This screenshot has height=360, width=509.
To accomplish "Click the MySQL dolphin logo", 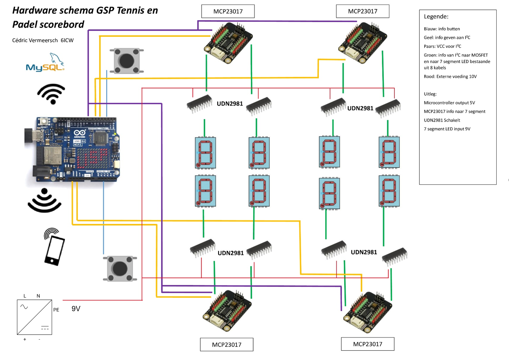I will click(45, 62).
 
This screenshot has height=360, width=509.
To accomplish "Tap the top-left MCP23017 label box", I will click(228, 11).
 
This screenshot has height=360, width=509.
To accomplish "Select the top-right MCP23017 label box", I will click(362, 11).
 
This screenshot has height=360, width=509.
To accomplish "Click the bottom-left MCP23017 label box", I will click(227, 345).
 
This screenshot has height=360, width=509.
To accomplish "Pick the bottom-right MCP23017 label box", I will click(368, 344).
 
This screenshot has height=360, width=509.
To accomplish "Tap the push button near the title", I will click(126, 60).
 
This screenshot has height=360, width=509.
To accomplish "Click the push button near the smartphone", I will click(120, 268).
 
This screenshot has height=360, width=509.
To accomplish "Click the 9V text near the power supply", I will click(76, 309).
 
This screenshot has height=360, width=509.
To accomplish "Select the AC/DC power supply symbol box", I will click(35, 317).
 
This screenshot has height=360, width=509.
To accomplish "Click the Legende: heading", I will click(436, 17).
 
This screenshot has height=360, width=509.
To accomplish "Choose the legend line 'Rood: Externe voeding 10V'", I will click(450, 77).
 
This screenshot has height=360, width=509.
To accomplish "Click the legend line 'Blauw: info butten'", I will click(441, 29).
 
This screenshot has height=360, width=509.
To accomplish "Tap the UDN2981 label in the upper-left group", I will click(230, 104).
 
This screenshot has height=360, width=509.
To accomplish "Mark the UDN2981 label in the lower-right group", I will click(363, 252).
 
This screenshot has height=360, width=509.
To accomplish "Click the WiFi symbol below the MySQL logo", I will click(51, 94).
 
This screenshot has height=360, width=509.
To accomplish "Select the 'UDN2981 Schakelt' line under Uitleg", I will click(442, 120).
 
